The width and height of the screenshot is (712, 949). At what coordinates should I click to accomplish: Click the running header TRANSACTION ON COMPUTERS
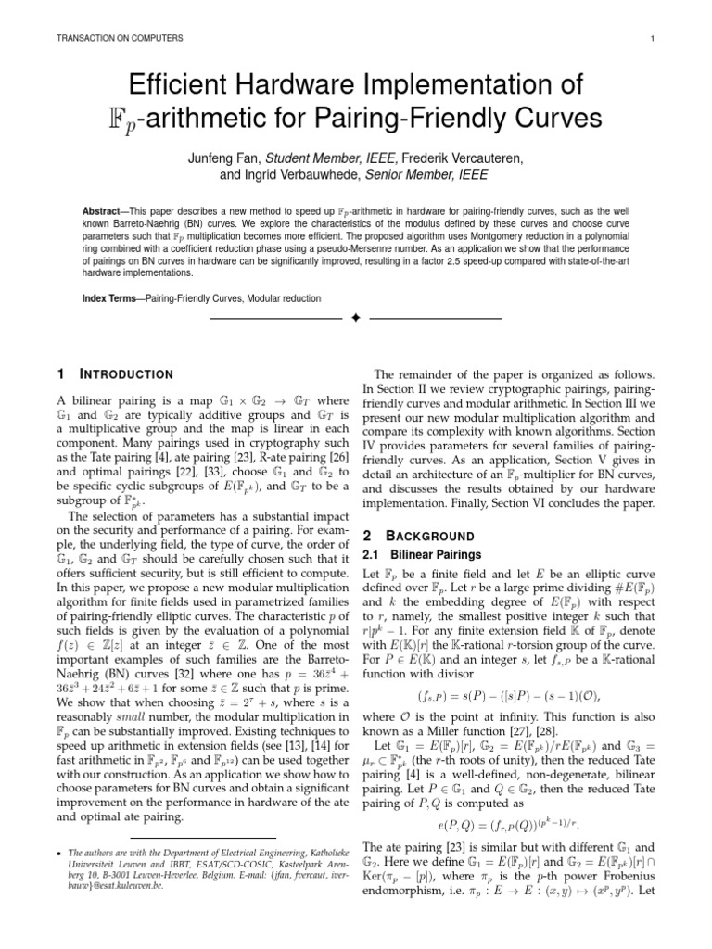click(x=108, y=38)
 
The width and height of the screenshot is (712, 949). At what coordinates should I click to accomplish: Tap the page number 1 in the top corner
click(x=654, y=38)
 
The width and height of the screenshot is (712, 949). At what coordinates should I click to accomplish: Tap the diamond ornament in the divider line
click(x=356, y=319)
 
